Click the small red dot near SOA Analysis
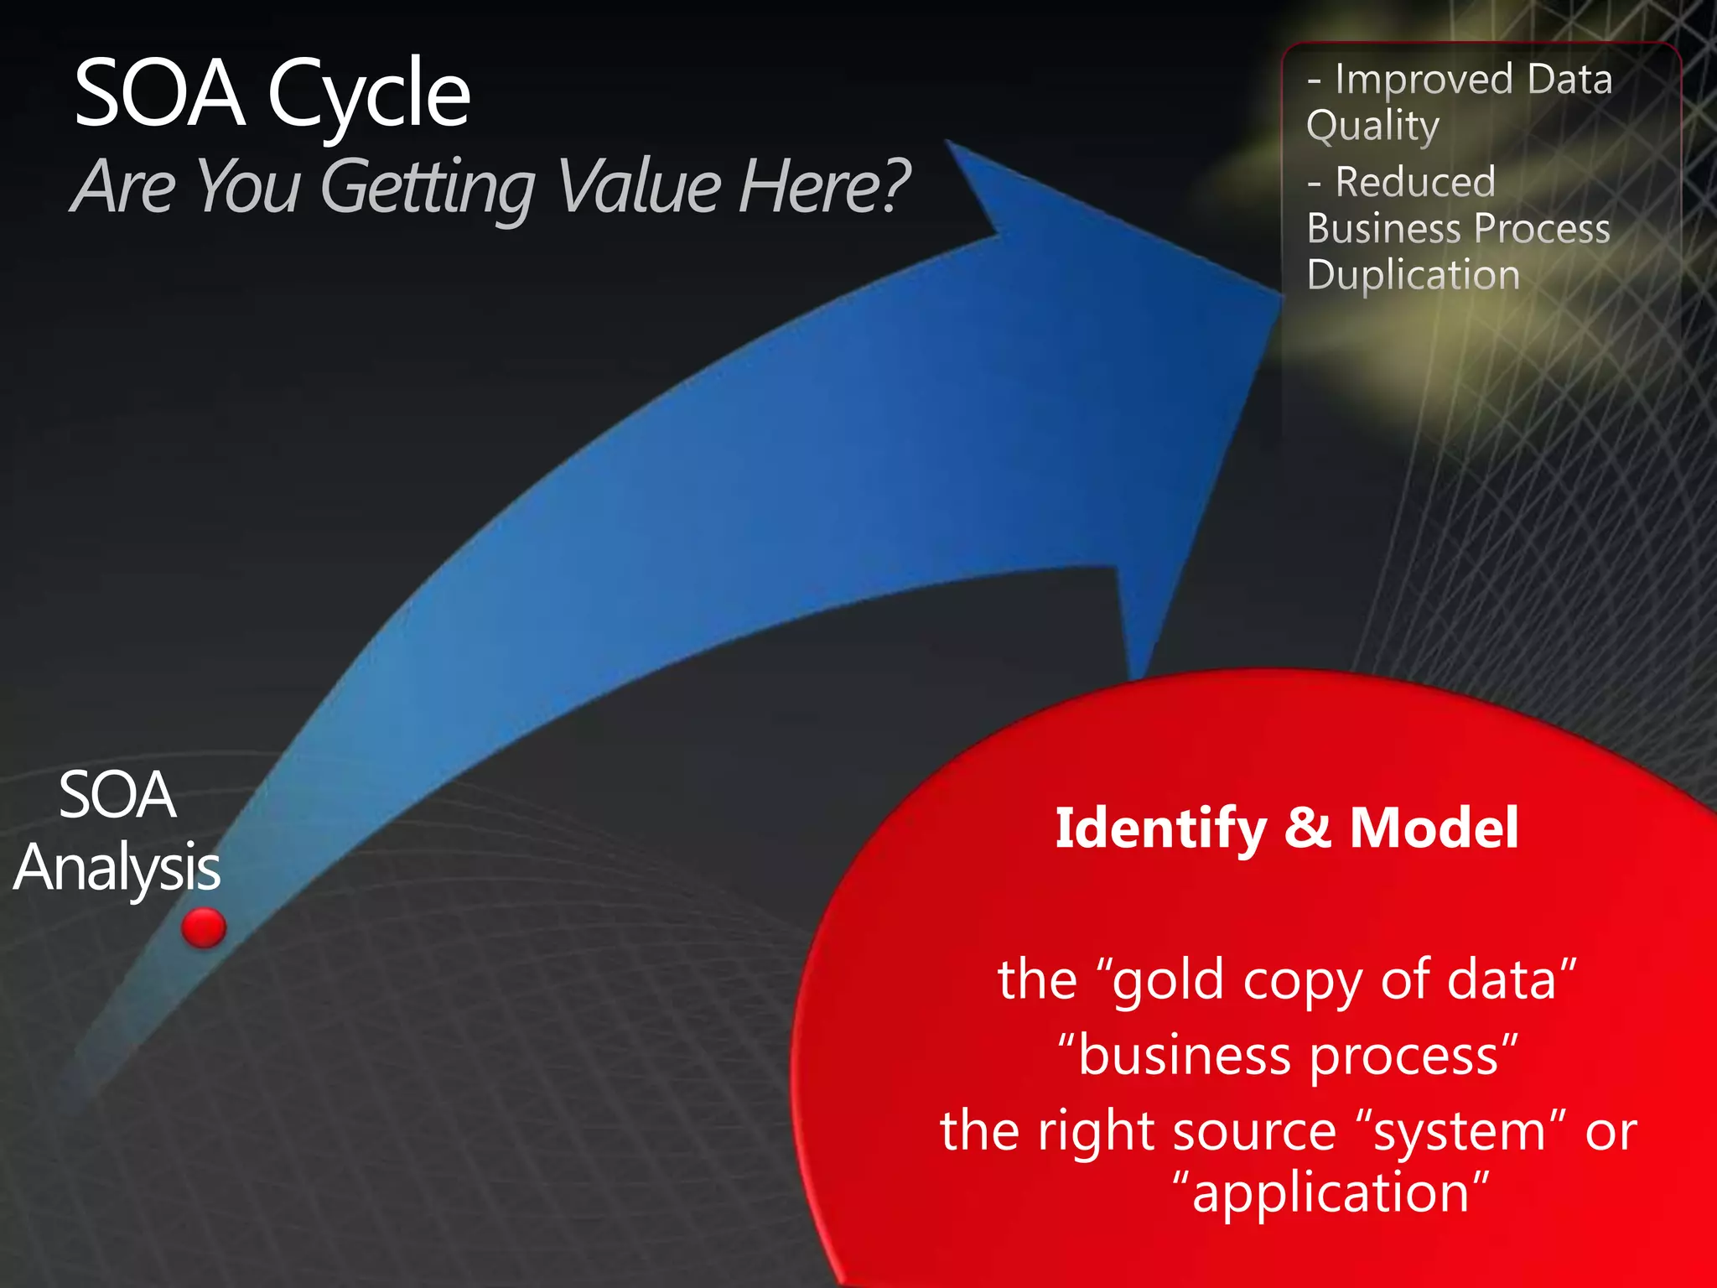click(x=204, y=927)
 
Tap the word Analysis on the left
click(x=117, y=869)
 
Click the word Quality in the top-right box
click(x=1373, y=126)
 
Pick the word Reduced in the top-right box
click(x=1415, y=182)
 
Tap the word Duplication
click(x=1414, y=275)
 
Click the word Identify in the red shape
click(x=1160, y=828)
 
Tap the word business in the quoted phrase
click(x=1184, y=1057)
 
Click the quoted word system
click(x=1459, y=1132)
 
